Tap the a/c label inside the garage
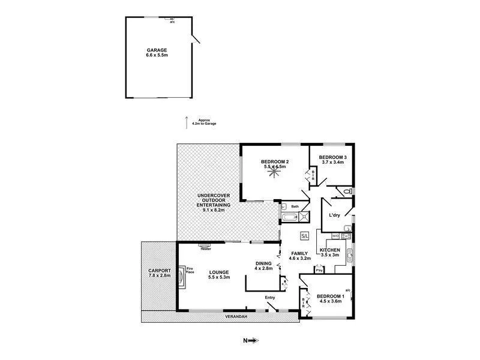point(172,22)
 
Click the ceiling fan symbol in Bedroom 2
point(275,173)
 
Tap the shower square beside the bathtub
point(304,217)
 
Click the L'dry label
point(334,215)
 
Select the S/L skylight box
point(304,236)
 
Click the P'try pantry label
point(320,271)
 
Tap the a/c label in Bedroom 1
point(347,290)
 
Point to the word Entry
point(270,297)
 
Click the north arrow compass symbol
point(252,340)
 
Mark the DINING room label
point(263,263)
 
